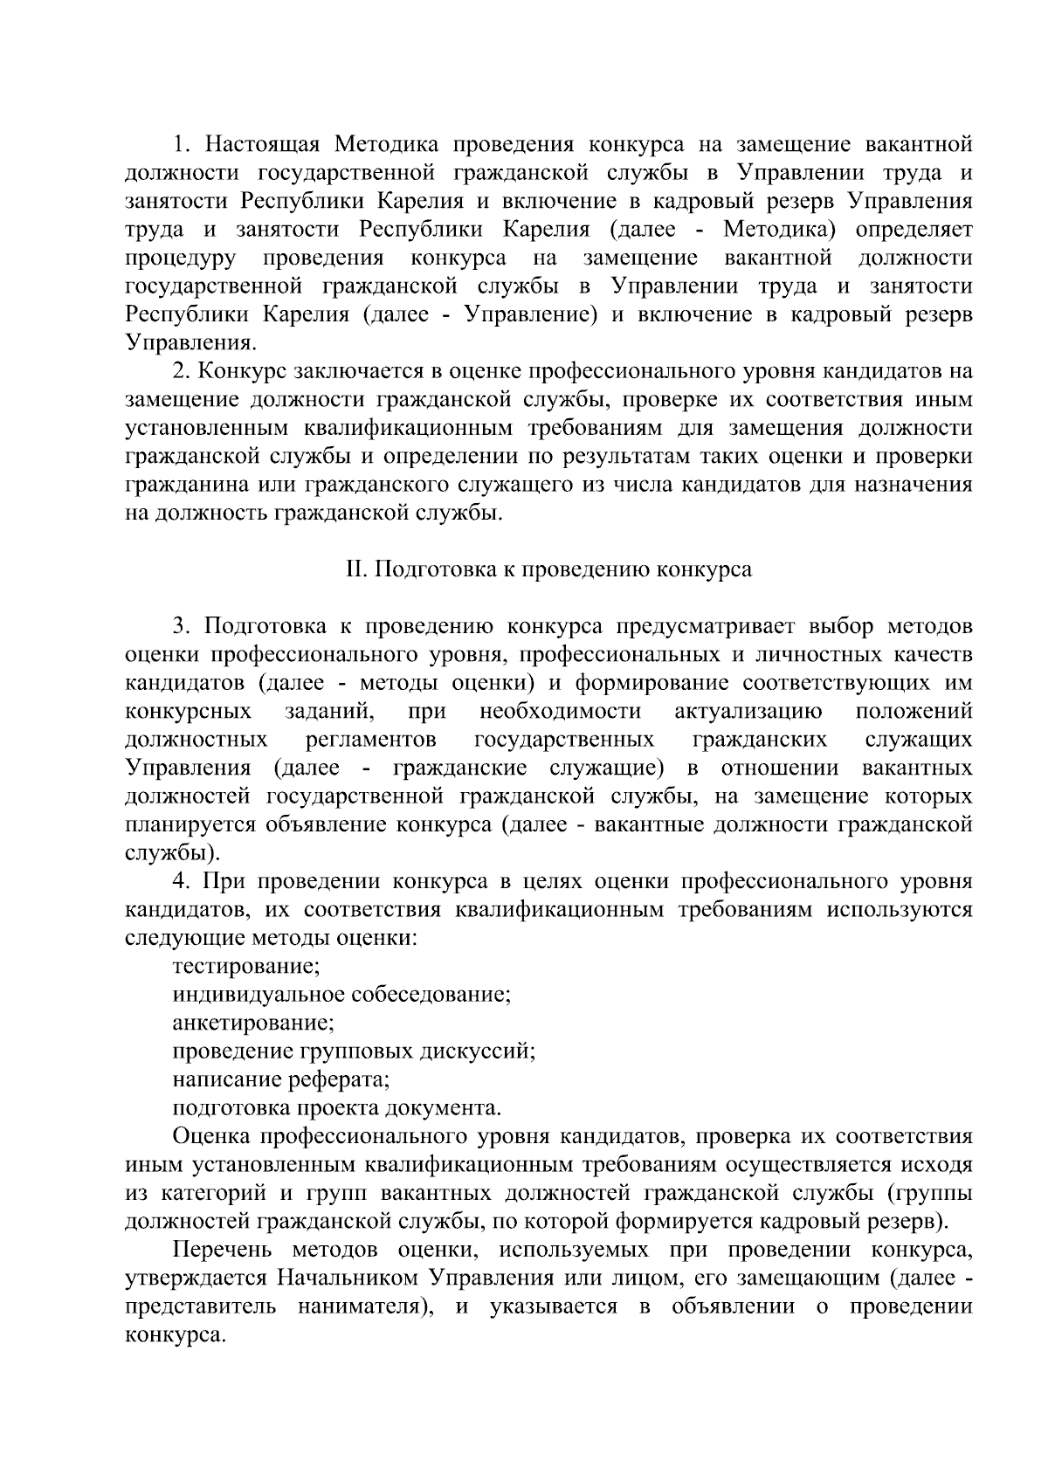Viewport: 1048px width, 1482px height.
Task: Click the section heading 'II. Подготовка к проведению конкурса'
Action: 549,570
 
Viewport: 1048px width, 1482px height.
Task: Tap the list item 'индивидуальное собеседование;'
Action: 341,995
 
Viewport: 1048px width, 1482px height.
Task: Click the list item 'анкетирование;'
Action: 253,1023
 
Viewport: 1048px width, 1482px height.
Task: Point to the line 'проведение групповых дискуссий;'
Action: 354,1051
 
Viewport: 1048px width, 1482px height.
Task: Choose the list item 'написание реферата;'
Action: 281,1080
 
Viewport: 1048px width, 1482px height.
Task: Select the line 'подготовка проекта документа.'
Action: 337,1108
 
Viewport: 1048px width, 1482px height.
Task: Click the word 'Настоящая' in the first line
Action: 265,144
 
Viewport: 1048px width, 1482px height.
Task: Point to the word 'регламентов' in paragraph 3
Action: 371,741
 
